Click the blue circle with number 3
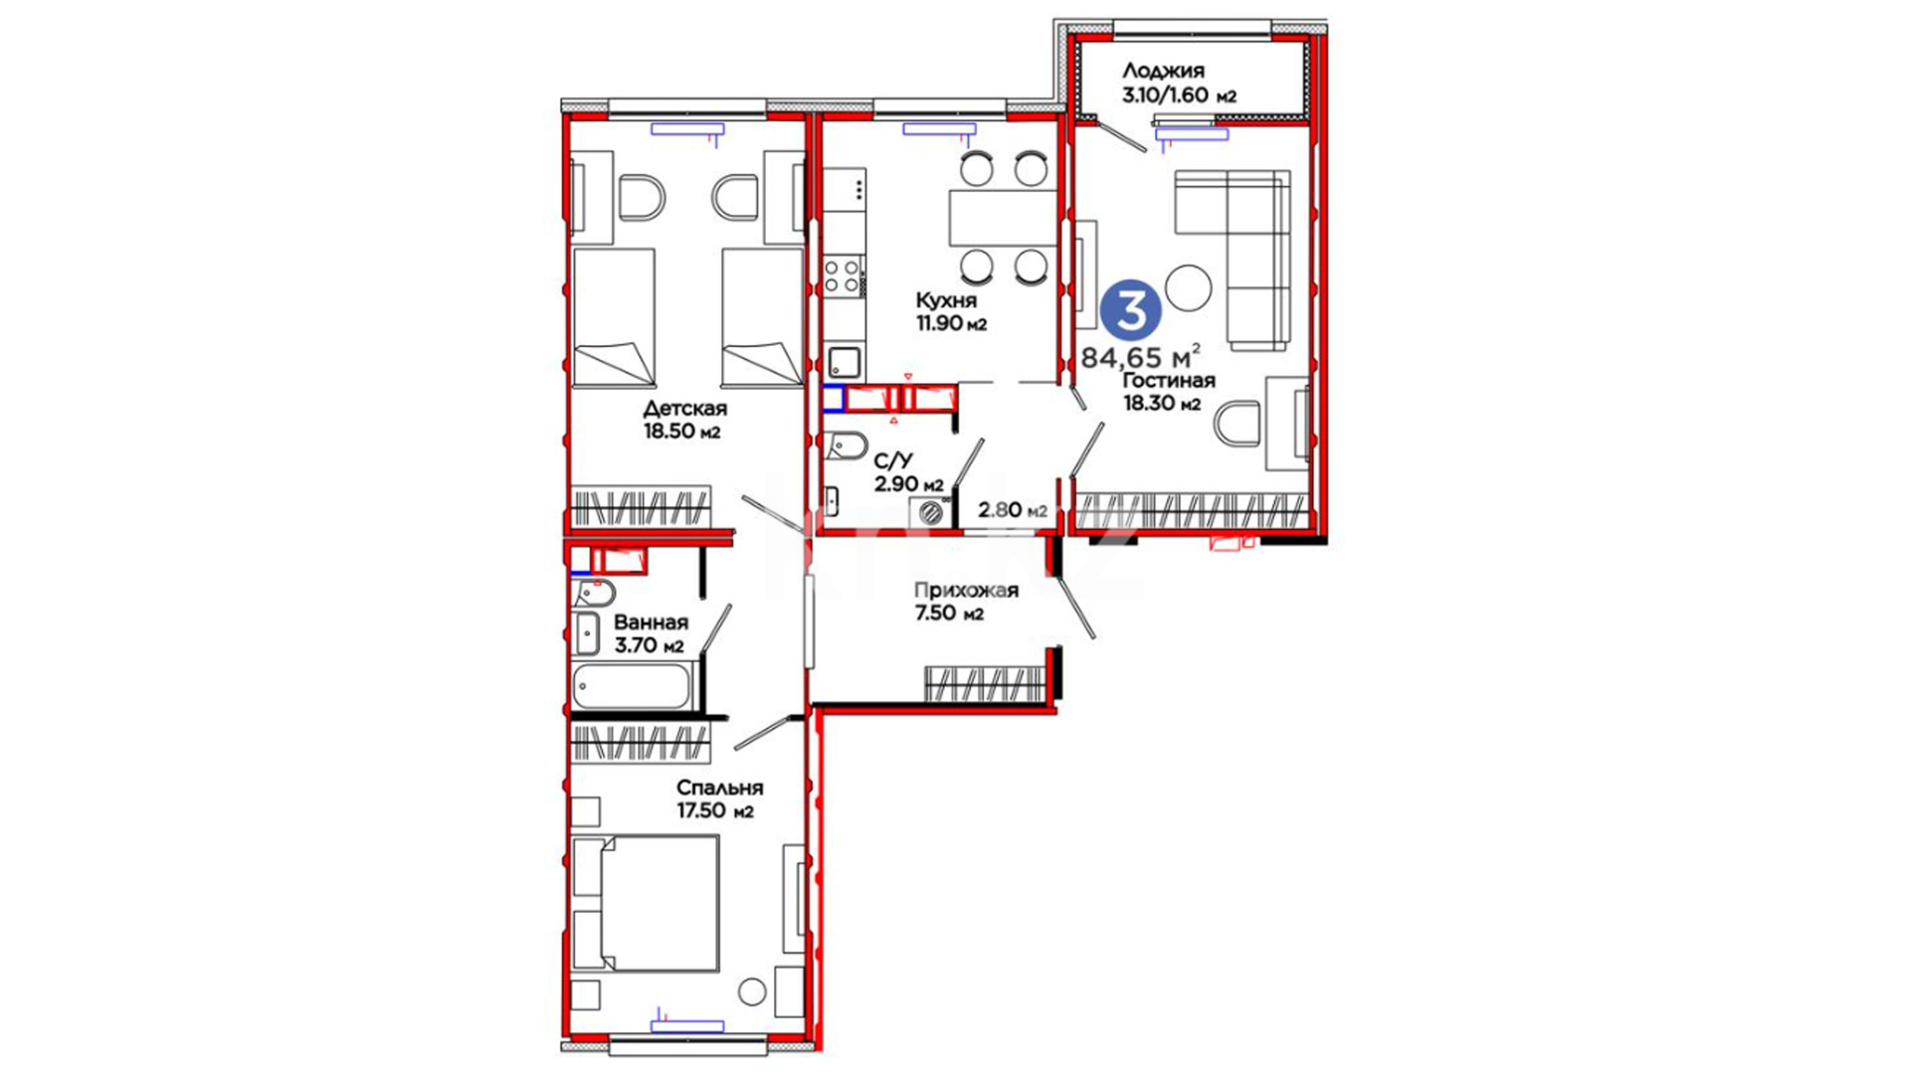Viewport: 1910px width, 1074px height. (x=1132, y=309)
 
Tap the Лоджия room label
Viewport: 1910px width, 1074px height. (x=1163, y=71)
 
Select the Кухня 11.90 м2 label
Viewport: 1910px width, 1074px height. (x=950, y=311)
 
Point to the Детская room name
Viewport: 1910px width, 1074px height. (x=684, y=409)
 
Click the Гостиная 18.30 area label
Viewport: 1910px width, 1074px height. (x=1168, y=392)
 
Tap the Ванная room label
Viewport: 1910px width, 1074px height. (x=651, y=624)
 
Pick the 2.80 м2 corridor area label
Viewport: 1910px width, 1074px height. (x=1013, y=510)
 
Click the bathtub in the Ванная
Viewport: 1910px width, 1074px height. (x=633, y=686)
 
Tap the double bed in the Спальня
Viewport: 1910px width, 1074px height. (x=646, y=903)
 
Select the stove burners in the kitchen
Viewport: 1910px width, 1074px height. (x=843, y=275)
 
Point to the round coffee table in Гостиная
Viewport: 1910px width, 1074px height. (x=1188, y=288)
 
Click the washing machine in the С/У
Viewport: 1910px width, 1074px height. (x=932, y=512)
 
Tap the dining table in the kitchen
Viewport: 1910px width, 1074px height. (x=1003, y=218)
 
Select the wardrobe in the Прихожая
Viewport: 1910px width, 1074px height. (x=984, y=684)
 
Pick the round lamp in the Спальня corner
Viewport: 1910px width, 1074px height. (x=752, y=991)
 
